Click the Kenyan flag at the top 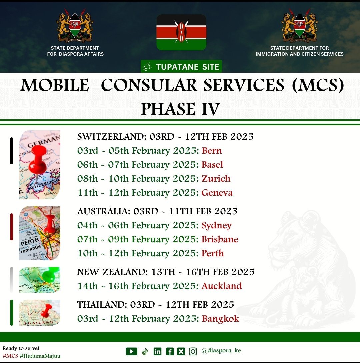(181, 32)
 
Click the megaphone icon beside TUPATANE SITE (147, 67)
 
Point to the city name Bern (212, 151)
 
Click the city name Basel (212, 165)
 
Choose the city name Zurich (216, 179)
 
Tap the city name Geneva (217, 193)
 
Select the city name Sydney (216, 226)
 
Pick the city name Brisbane (220, 239)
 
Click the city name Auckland (222, 286)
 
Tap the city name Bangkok (220, 319)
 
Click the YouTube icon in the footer (132, 351)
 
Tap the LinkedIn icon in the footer (157, 351)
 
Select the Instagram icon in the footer (193, 351)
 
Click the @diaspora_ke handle (221, 351)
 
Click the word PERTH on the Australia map (30, 243)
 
